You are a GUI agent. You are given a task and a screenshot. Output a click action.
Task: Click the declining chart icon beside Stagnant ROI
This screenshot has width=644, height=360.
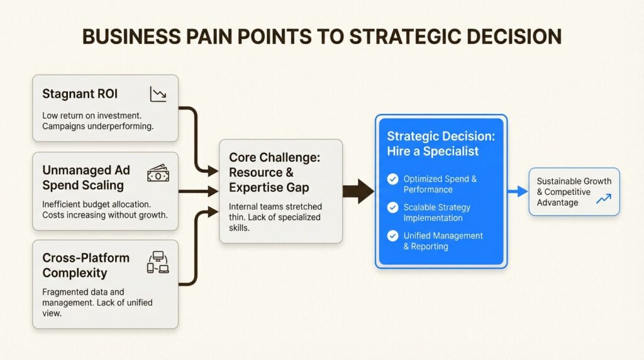[158, 95]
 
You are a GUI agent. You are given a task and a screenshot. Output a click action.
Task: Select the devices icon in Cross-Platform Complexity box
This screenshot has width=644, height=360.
[157, 262]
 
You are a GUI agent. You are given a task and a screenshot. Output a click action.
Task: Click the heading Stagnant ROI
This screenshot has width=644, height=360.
[80, 94]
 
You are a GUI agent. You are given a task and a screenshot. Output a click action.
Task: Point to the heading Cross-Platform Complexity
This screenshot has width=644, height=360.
[86, 266]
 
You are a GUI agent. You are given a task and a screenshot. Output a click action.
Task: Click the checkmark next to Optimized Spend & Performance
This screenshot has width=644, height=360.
[393, 179]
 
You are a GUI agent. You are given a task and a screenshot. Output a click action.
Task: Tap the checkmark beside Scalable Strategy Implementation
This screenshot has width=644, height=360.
[393, 207]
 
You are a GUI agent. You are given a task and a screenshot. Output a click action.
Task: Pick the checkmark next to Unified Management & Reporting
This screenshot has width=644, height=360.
[393, 236]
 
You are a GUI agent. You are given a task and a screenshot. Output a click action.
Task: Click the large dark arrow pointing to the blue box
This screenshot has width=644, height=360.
[359, 191]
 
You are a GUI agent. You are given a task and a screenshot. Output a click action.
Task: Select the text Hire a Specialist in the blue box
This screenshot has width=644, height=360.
[433, 151]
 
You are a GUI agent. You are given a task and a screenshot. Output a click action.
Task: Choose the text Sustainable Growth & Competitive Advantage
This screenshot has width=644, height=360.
[574, 191]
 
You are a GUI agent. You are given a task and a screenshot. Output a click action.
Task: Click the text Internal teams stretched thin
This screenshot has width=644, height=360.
[275, 206]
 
